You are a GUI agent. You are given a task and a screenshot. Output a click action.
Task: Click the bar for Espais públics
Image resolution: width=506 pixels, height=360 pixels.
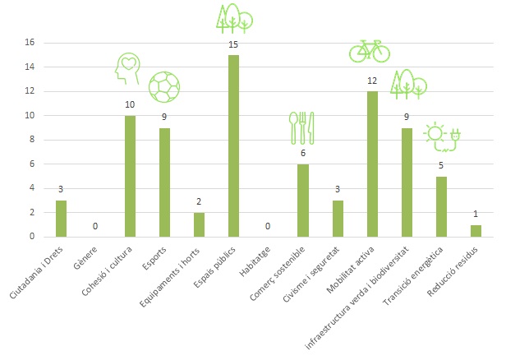tap(233, 146)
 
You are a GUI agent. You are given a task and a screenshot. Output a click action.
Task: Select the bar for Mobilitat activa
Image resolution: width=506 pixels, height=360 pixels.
tap(371, 164)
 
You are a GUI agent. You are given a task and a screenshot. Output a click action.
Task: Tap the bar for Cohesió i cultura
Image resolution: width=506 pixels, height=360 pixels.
tap(130, 176)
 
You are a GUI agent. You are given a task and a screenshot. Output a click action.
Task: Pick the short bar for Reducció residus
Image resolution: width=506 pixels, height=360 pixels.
tap(475, 231)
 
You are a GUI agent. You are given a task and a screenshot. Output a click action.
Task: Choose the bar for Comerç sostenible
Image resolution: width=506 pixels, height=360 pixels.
tap(302, 201)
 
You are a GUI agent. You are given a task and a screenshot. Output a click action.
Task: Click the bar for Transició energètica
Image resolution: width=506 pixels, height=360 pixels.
tap(440, 206)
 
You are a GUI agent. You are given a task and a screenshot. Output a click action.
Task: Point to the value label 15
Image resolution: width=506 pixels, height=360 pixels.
tap(233, 45)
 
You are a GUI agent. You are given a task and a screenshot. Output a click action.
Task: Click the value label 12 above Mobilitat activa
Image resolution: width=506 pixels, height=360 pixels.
tap(371, 81)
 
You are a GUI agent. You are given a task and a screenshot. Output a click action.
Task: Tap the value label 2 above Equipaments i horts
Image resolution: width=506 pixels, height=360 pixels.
tap(199, 202)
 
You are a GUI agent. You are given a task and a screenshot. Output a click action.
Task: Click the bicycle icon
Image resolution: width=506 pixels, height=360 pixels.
tap(370, 51)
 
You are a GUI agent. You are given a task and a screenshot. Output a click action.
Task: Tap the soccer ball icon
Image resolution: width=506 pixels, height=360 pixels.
tap(163, 85)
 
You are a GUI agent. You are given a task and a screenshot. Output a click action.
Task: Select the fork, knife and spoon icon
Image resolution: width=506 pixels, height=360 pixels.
tap(301, 127)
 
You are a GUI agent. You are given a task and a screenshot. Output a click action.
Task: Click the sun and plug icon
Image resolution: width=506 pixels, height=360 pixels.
tap(441, 136)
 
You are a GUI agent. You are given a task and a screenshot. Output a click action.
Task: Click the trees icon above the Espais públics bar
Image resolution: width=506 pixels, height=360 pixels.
tap(234, 17)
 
